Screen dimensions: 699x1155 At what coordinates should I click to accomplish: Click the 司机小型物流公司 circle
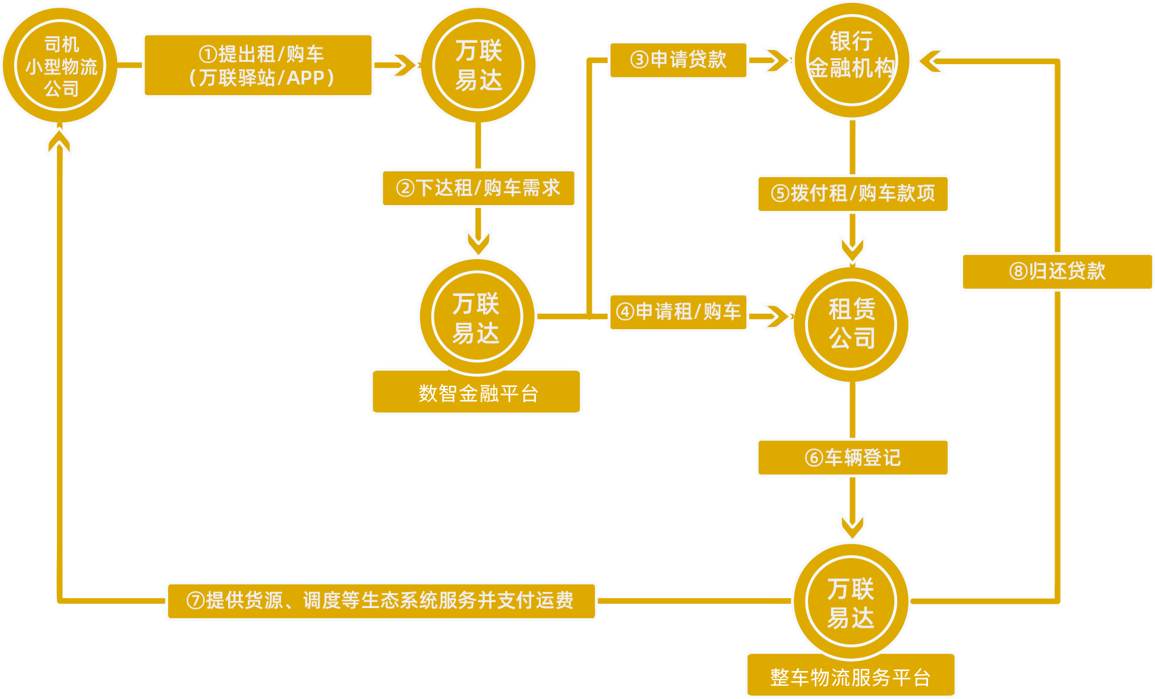61,65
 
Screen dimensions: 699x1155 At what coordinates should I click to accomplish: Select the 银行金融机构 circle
851,60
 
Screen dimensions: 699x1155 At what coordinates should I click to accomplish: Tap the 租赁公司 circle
851,324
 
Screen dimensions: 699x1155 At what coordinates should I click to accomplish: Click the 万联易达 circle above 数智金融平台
476,316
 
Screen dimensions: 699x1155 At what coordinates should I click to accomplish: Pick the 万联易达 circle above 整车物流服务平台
851,602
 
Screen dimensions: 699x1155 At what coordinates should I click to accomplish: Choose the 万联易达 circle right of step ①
478,65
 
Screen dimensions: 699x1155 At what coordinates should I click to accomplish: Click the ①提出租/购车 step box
258,65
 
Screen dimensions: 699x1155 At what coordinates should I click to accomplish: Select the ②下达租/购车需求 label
478,188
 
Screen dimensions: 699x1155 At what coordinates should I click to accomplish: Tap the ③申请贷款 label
678,59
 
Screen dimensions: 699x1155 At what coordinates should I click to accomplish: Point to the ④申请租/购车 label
678,311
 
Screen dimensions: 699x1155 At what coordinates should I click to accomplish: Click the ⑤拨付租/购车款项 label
853,194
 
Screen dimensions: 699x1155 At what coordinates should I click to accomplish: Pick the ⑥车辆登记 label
853,458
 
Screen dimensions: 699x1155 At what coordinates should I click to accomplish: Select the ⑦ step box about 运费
381,601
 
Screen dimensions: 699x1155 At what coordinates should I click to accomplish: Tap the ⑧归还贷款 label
1057,272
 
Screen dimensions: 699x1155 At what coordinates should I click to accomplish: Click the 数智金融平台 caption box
476,392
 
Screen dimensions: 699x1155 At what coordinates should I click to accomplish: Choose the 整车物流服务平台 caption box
851,676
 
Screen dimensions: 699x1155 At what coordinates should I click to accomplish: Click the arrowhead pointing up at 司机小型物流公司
59,143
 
